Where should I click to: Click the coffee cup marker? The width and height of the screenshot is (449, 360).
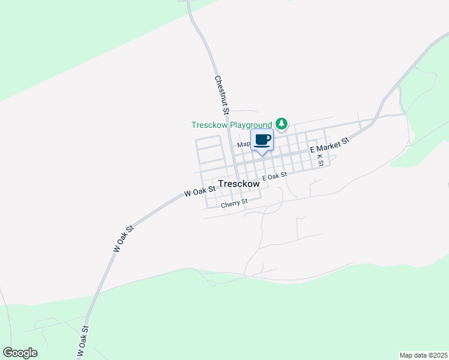pyautogui.click(x=262, y=140)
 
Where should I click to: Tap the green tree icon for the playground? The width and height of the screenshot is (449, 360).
pyautogui.click(x=282, y=124)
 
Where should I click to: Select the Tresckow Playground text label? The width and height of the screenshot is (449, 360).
pyautogui.click(x=232, y=125)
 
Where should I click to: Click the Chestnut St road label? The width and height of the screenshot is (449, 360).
pyautogui.click(x=221, y=95)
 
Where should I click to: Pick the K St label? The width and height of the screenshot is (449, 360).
pyautogui.click(x=320, y=160)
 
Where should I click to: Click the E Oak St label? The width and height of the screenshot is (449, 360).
pyautogui.click(x=275, y=176)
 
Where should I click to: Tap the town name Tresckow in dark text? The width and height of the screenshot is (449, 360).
pyautogui.click(x=240, y=184)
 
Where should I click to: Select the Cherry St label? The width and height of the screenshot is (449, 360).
pyautogui.click(x=234, y=204)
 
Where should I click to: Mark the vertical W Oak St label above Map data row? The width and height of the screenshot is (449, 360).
pyautogui.click(x=83, y=342)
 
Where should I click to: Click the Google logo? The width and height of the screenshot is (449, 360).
pyautogui.click(x=20, y=353)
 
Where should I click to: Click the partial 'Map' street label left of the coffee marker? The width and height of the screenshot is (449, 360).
pyautogui.click(x=243, y=144)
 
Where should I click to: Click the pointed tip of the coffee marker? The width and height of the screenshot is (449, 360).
pyautogui.click(x=262, y=155)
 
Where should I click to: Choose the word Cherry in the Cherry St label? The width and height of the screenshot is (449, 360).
pyautogui.click(x=231, y=205)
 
